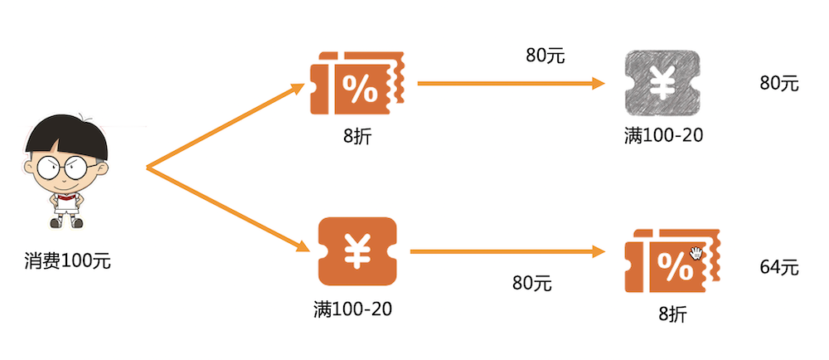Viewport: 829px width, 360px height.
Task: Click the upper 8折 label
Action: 357,134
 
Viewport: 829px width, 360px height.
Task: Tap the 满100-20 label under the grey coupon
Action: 663,134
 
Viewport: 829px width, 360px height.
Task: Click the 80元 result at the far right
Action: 778,83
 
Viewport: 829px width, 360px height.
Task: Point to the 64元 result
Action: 778,267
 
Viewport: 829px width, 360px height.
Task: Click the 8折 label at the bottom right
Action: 673,314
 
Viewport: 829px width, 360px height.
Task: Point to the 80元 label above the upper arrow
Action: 545,56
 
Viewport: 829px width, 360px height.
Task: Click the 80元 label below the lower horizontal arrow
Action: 531,283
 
